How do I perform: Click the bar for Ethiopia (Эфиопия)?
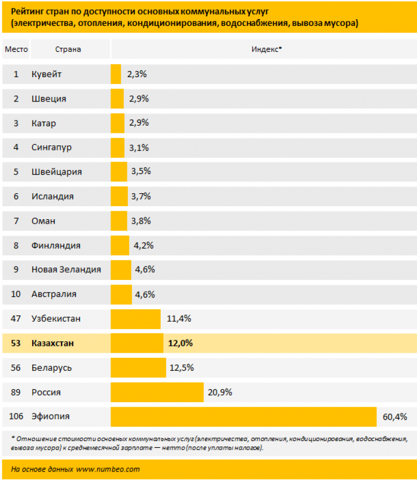pyautogui.click(x=243, y=416)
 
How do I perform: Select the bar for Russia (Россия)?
pyautogui.click(x=157, y=392)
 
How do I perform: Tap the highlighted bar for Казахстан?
pyautogui.click(x=137, y=343)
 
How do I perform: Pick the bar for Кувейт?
pyautogui.click(x=116, y=74)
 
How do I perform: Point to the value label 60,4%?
pyautogui.click(x=394, y=417)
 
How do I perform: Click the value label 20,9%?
pyautogui.click(x=220, y=392)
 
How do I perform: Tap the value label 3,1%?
pyautogui.click(x=139, y=148)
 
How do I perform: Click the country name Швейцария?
pyautogui.click(x=57, y=172)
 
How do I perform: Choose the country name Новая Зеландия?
pyautogui.click(x=66, y=269)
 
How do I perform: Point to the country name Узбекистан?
pyautogui.click(x=56, y=319)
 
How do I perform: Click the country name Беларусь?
pyautogui.click(x=51, y=368)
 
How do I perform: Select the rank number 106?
pyautogui.click(x=16, y=416)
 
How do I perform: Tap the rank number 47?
pyautogui.click(x=16, y=319)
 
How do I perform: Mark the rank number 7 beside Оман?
pyautogui.click(x=16, y=221)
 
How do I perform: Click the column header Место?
pyautogui.click(x=16, y=49)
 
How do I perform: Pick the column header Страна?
pyautogui.click(x=68, y=49)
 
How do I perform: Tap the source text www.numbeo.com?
pyautogui.click(x=108, y=468)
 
